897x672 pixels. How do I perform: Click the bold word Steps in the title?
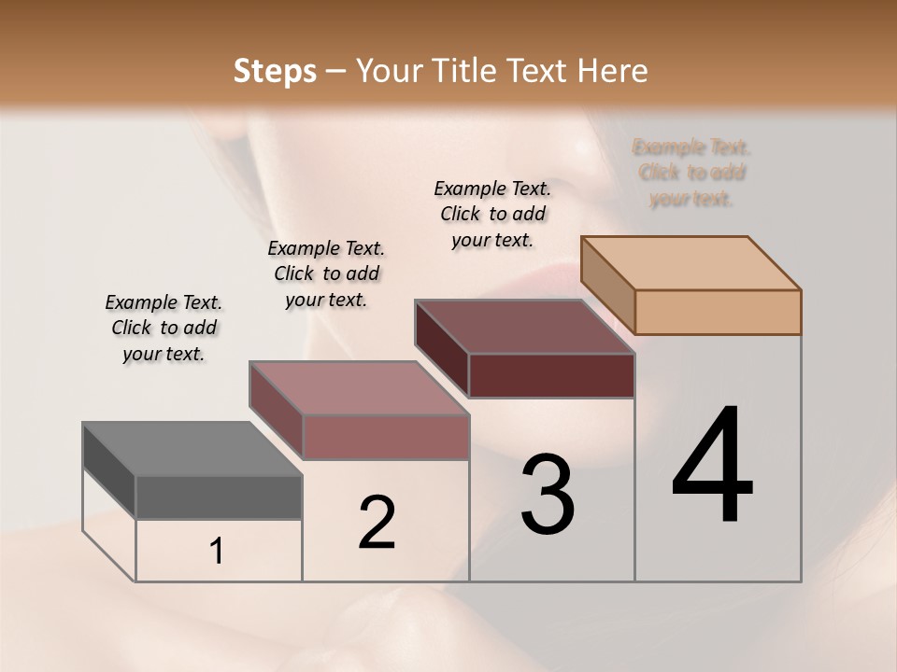tap(275, 71)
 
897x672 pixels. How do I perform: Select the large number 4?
tap(712, 467)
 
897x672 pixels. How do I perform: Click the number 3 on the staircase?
tap(548, 495)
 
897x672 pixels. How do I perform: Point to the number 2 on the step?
tap(377, 523)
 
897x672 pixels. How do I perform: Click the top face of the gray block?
tap(192, 449)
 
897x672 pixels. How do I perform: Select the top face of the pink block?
tap(359, 388)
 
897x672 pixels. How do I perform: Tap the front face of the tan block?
tap(718, 312)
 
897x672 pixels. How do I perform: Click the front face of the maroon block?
tap(551, 375)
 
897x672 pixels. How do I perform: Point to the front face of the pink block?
tap(385, 437)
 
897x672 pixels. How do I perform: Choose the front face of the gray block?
tap(219, 497)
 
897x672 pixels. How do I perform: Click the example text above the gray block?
tap(164, 328)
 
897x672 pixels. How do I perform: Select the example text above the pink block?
tap(326, 273)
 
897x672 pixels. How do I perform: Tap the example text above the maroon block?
tap(492, 214)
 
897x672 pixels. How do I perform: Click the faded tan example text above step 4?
tap(691, 173)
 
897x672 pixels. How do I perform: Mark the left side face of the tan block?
tap(607, 285)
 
